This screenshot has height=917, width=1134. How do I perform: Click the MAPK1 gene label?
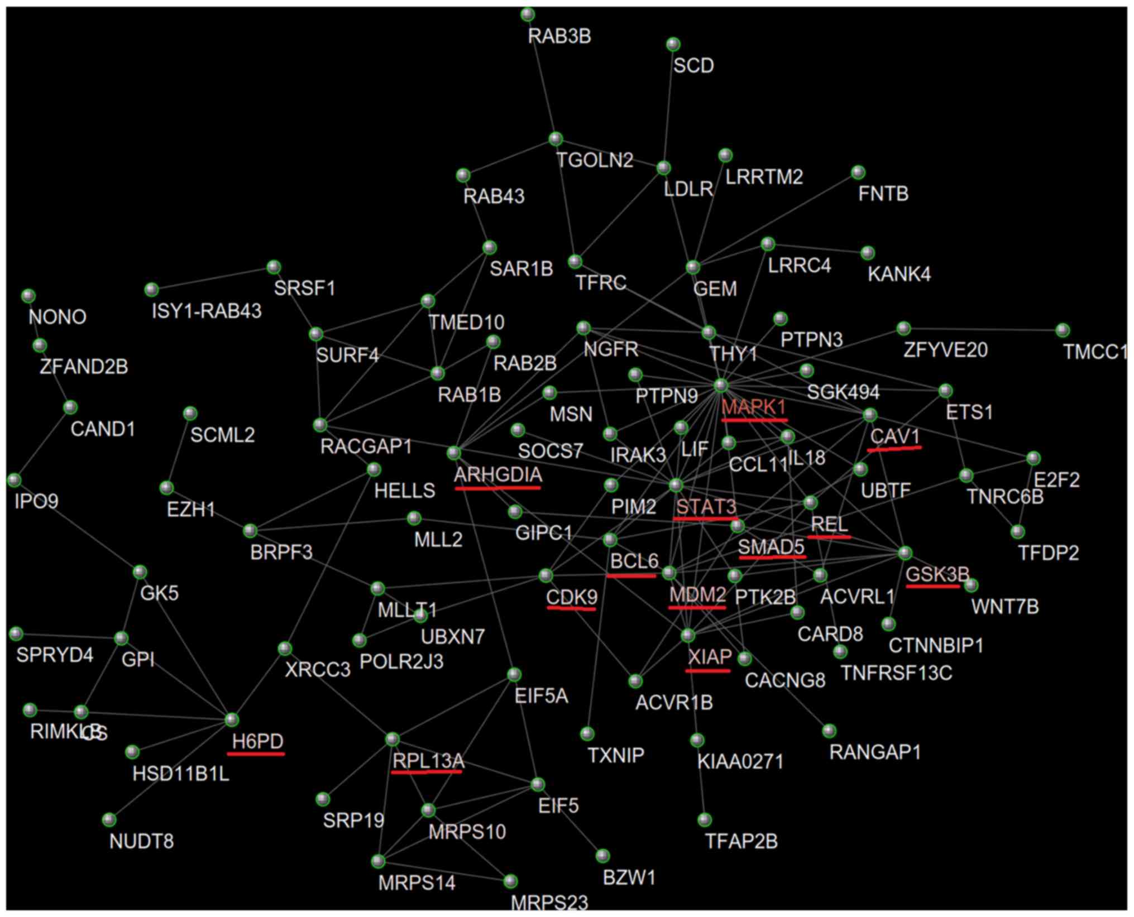click(753, 407)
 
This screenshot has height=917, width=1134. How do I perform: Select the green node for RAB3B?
click(528, 15)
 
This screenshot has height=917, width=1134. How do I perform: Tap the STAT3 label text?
click(706, 507)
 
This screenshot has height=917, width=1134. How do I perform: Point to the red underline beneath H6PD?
click(256, 754)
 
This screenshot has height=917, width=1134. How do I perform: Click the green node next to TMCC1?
click(1063, 330)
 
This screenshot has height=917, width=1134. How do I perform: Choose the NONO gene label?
click(58, 317)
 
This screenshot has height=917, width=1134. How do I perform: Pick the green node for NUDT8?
click(109, 820)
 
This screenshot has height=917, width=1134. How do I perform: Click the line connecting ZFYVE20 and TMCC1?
click(983, 329)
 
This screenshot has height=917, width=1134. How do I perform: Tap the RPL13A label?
click(428, 760)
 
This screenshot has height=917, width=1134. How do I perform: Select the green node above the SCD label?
click(673, 44)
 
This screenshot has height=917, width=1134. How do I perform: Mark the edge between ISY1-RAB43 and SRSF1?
click(212, 279)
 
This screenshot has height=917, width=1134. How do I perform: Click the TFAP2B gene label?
click(741, 841)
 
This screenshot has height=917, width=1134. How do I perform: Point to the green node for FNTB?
click(858, 172)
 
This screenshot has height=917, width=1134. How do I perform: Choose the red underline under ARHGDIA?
click(497, 488)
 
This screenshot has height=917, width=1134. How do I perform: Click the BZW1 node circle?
click(602, 856)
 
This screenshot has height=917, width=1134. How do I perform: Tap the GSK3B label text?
click(937, 574)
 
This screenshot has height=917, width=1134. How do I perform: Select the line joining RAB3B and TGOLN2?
click(542, 76)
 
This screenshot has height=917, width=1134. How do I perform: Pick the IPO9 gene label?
click(36, 501)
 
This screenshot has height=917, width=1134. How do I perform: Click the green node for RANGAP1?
click(829, 731)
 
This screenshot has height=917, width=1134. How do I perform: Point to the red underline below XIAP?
click(707, 670)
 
